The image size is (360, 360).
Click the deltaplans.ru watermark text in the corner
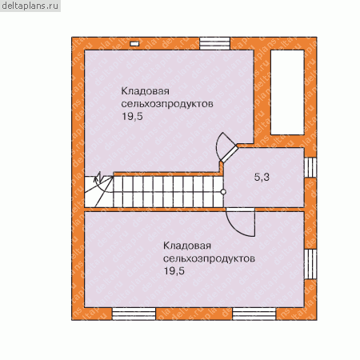tap(30, 6)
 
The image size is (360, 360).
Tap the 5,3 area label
tap(262, 177)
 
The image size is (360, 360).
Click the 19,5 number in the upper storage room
tap(132, 116)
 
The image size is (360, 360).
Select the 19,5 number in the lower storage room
tap(174, 271)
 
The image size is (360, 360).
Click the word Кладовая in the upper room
tap(146, 91)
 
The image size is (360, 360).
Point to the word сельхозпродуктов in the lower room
tap(209, 258)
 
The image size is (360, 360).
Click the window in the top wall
tap(215, 43)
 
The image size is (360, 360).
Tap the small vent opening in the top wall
tap(134, 44)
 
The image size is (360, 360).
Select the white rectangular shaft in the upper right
tap(287, 92)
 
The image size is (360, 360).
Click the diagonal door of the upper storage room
tap(230, 154)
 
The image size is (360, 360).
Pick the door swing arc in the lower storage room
tap(241, 226)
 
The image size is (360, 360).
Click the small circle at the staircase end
tap(223, 192)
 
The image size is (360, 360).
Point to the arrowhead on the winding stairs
tap(98, 176)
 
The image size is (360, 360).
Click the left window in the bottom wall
tap(134, 314)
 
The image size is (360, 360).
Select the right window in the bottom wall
tap(254, 314)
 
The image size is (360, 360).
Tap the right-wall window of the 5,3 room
tap(310, 168)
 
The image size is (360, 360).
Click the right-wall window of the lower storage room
tap(310, 264)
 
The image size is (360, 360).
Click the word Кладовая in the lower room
tap(187, 246)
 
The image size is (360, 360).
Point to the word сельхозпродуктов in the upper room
tap(167, 104)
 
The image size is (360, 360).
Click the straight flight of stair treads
tap(169, 192)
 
